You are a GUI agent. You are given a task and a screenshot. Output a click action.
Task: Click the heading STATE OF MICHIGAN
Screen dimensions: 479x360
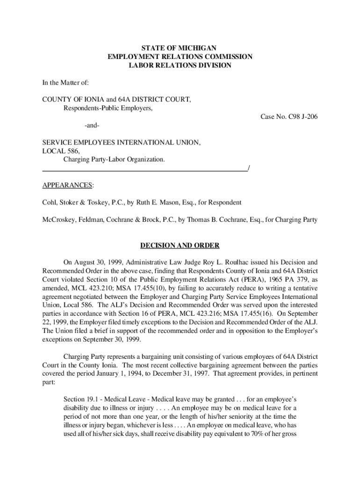(x=180, y=48)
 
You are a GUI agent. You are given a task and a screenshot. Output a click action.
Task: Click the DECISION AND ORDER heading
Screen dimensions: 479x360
(x=180, y=246)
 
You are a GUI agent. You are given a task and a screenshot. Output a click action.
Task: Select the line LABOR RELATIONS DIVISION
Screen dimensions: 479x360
(x=180, y=65)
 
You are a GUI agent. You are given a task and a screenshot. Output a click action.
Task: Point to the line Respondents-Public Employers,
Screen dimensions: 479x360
(x=108, y=108)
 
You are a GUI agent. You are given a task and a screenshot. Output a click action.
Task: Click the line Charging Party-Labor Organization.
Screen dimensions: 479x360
(x=114, y=160)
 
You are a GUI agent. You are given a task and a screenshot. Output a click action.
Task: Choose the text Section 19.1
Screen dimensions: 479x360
(x=82, y=399)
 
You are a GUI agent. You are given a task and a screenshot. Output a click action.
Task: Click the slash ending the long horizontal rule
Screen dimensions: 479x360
(x=249, y=168)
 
